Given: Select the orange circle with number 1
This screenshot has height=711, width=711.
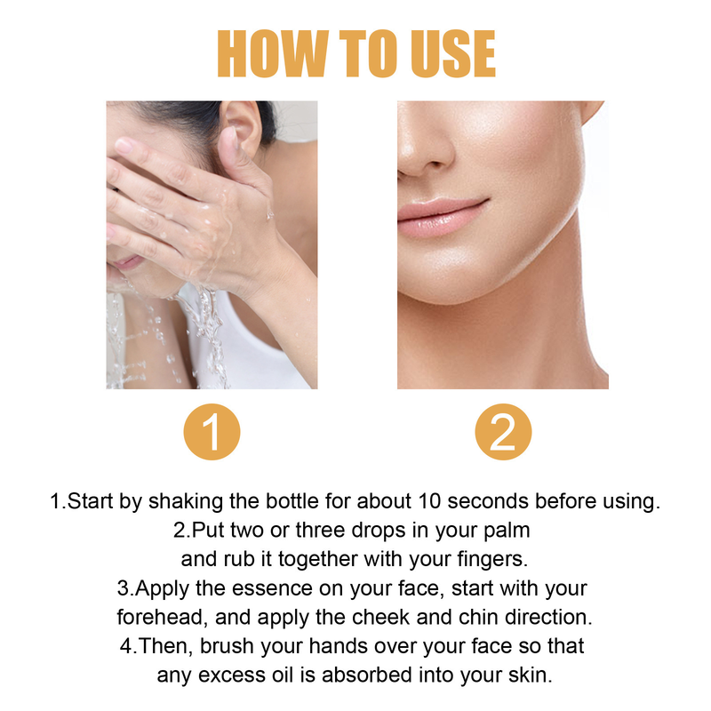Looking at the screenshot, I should coord(212,433).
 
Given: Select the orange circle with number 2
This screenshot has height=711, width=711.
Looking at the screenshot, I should coord(503,433).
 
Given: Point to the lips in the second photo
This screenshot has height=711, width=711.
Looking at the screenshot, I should coord(442,216).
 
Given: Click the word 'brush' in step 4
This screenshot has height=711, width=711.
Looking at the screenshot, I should coord(228,645).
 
